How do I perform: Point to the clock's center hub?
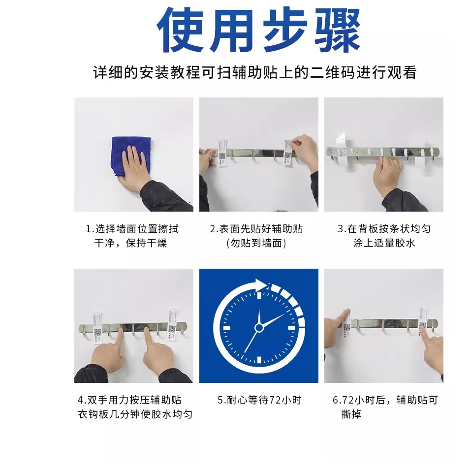pos(259,328)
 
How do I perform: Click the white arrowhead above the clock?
pos(261,284)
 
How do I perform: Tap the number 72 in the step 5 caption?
pos(275,400)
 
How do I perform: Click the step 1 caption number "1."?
pos(90,229)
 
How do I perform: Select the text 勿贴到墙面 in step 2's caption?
pos(256,243)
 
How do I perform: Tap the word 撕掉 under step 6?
pos(351,414)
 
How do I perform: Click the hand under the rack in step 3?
pos(387,174)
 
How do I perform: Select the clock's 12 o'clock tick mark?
pos(259,296)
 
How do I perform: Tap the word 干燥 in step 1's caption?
pos(157,243)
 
